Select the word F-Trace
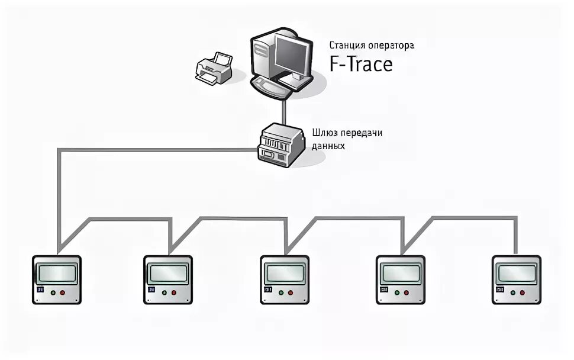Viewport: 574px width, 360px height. [x=361, y=63]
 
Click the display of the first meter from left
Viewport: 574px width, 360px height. [x=56, y=274]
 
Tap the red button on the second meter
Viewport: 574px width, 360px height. [x=173, y=292]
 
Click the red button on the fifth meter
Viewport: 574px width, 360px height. [x=521, y=292]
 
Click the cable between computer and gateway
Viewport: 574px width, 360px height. [x=285, y=109]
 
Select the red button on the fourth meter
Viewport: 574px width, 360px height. [x=406, y=292]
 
